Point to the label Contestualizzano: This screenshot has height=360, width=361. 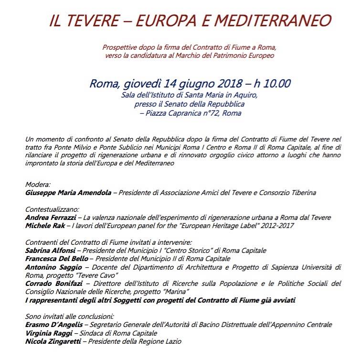[52, 209]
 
